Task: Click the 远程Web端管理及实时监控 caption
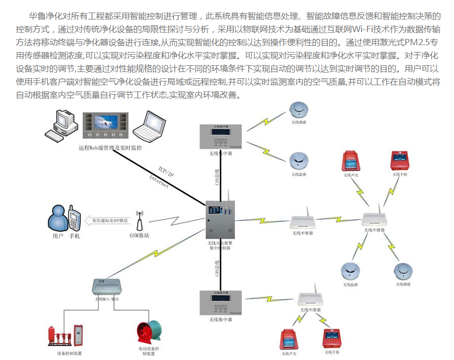click(x=110, y=148)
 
